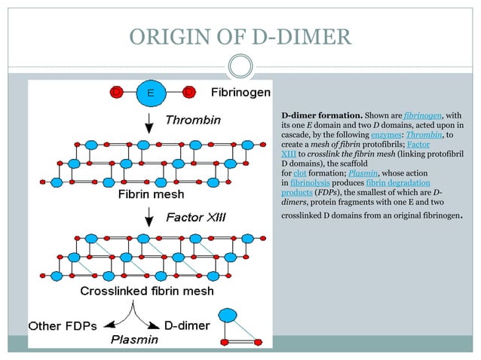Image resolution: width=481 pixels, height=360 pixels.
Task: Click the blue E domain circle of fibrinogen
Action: (x=151, y=93)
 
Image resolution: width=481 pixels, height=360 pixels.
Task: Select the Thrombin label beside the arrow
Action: (x=193, y=120)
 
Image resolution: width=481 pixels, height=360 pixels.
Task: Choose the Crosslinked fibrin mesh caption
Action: (x=148, y=291)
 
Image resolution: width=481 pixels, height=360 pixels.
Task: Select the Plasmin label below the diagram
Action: (x=135, y=340)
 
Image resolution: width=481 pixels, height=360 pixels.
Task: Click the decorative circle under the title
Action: (x=240, y=66)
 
